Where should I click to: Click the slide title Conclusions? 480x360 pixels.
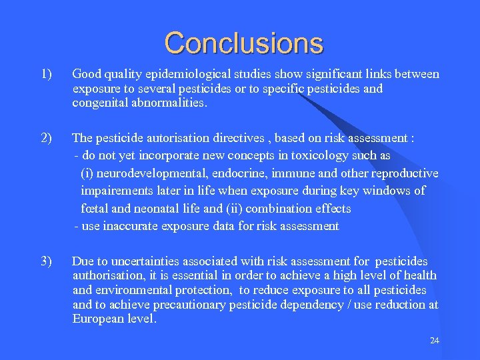tap(243, 43)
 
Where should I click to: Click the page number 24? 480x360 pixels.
tap(435, 341)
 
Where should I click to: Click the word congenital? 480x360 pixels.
tap(101, 103)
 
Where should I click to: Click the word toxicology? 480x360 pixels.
tap(311, 155)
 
